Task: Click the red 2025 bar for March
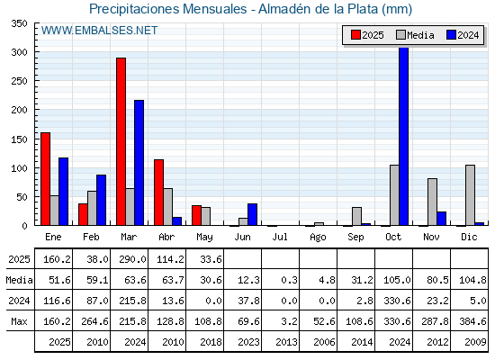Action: [121, 141]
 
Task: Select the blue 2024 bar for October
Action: [404, 136]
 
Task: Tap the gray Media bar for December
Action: [470, 195]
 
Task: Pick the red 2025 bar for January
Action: [45, 179]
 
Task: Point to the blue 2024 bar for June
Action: [252, 214]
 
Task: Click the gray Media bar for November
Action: [432, 202]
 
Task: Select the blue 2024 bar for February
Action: [101, 200]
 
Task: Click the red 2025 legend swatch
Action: [355, 35]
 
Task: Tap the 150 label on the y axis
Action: [19, 139]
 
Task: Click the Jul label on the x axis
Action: [280, 237]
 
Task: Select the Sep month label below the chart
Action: [355, 238]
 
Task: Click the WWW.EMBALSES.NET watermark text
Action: [99, 31]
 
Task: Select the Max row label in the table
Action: [19, 321]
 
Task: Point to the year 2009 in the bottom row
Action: [475, 342]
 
